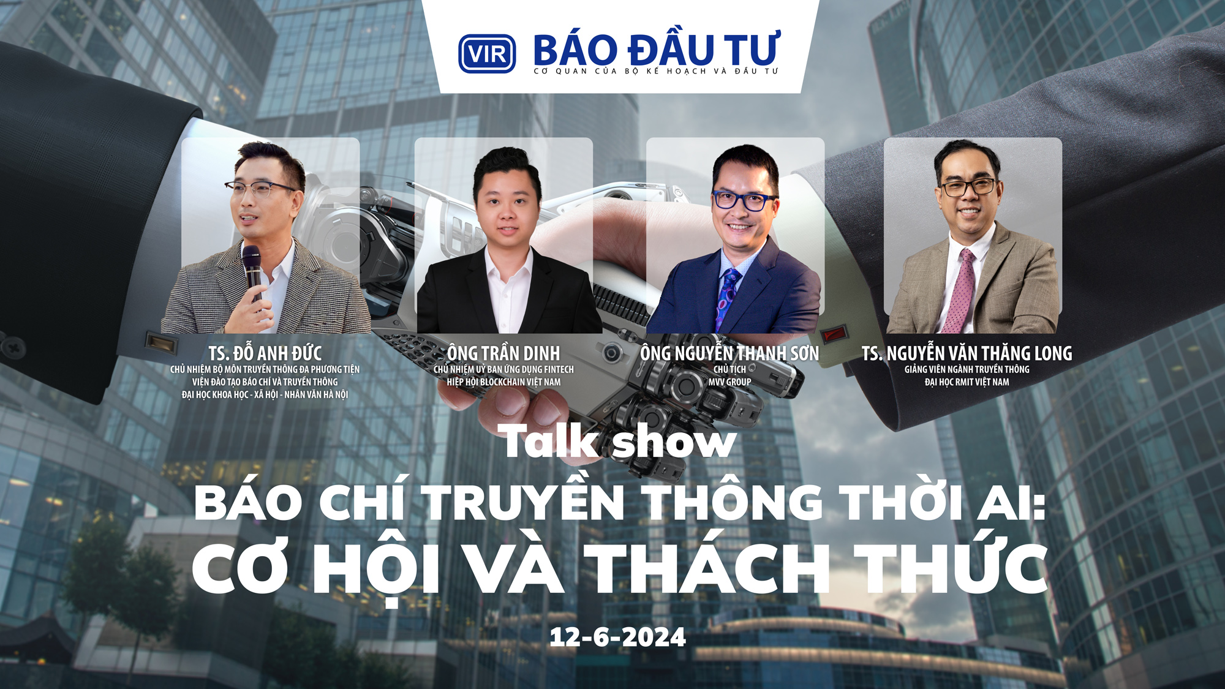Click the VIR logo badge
(x=487, y=54)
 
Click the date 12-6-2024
(x=617, y=638)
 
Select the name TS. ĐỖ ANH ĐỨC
(x=265, y=353)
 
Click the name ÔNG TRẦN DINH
(x=503, y=353)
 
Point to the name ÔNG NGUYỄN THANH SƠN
(x=729, y=353)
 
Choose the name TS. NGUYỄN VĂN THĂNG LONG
(x=967, y=353)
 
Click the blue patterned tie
(x=729, y=294)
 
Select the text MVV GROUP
(x=729, y=382)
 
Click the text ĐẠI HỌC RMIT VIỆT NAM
(x=967, y=382)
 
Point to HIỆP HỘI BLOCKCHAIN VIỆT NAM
(x=503, y=382)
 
